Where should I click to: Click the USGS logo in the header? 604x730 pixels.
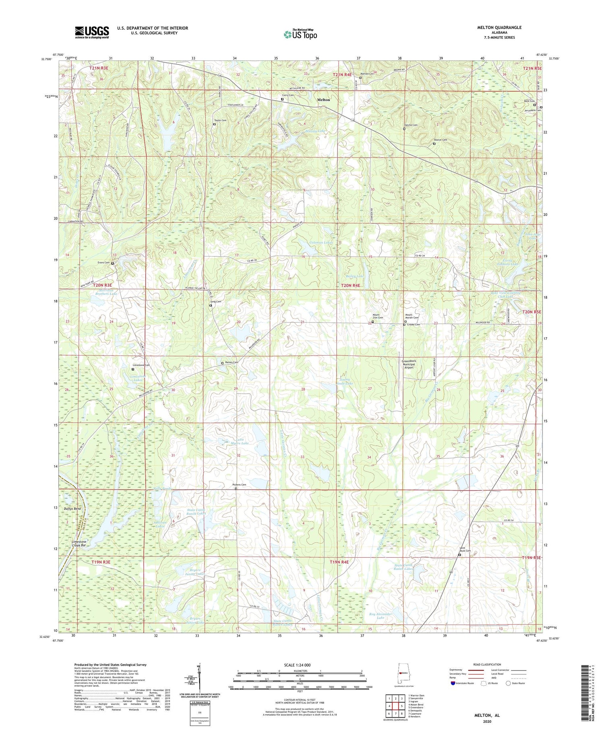point(92,32)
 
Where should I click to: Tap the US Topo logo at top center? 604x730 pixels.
point(300,34)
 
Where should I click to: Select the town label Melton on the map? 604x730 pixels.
point(323,99)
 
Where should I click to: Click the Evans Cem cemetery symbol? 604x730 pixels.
point(112,264)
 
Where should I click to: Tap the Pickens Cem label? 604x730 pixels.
point(240,485)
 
